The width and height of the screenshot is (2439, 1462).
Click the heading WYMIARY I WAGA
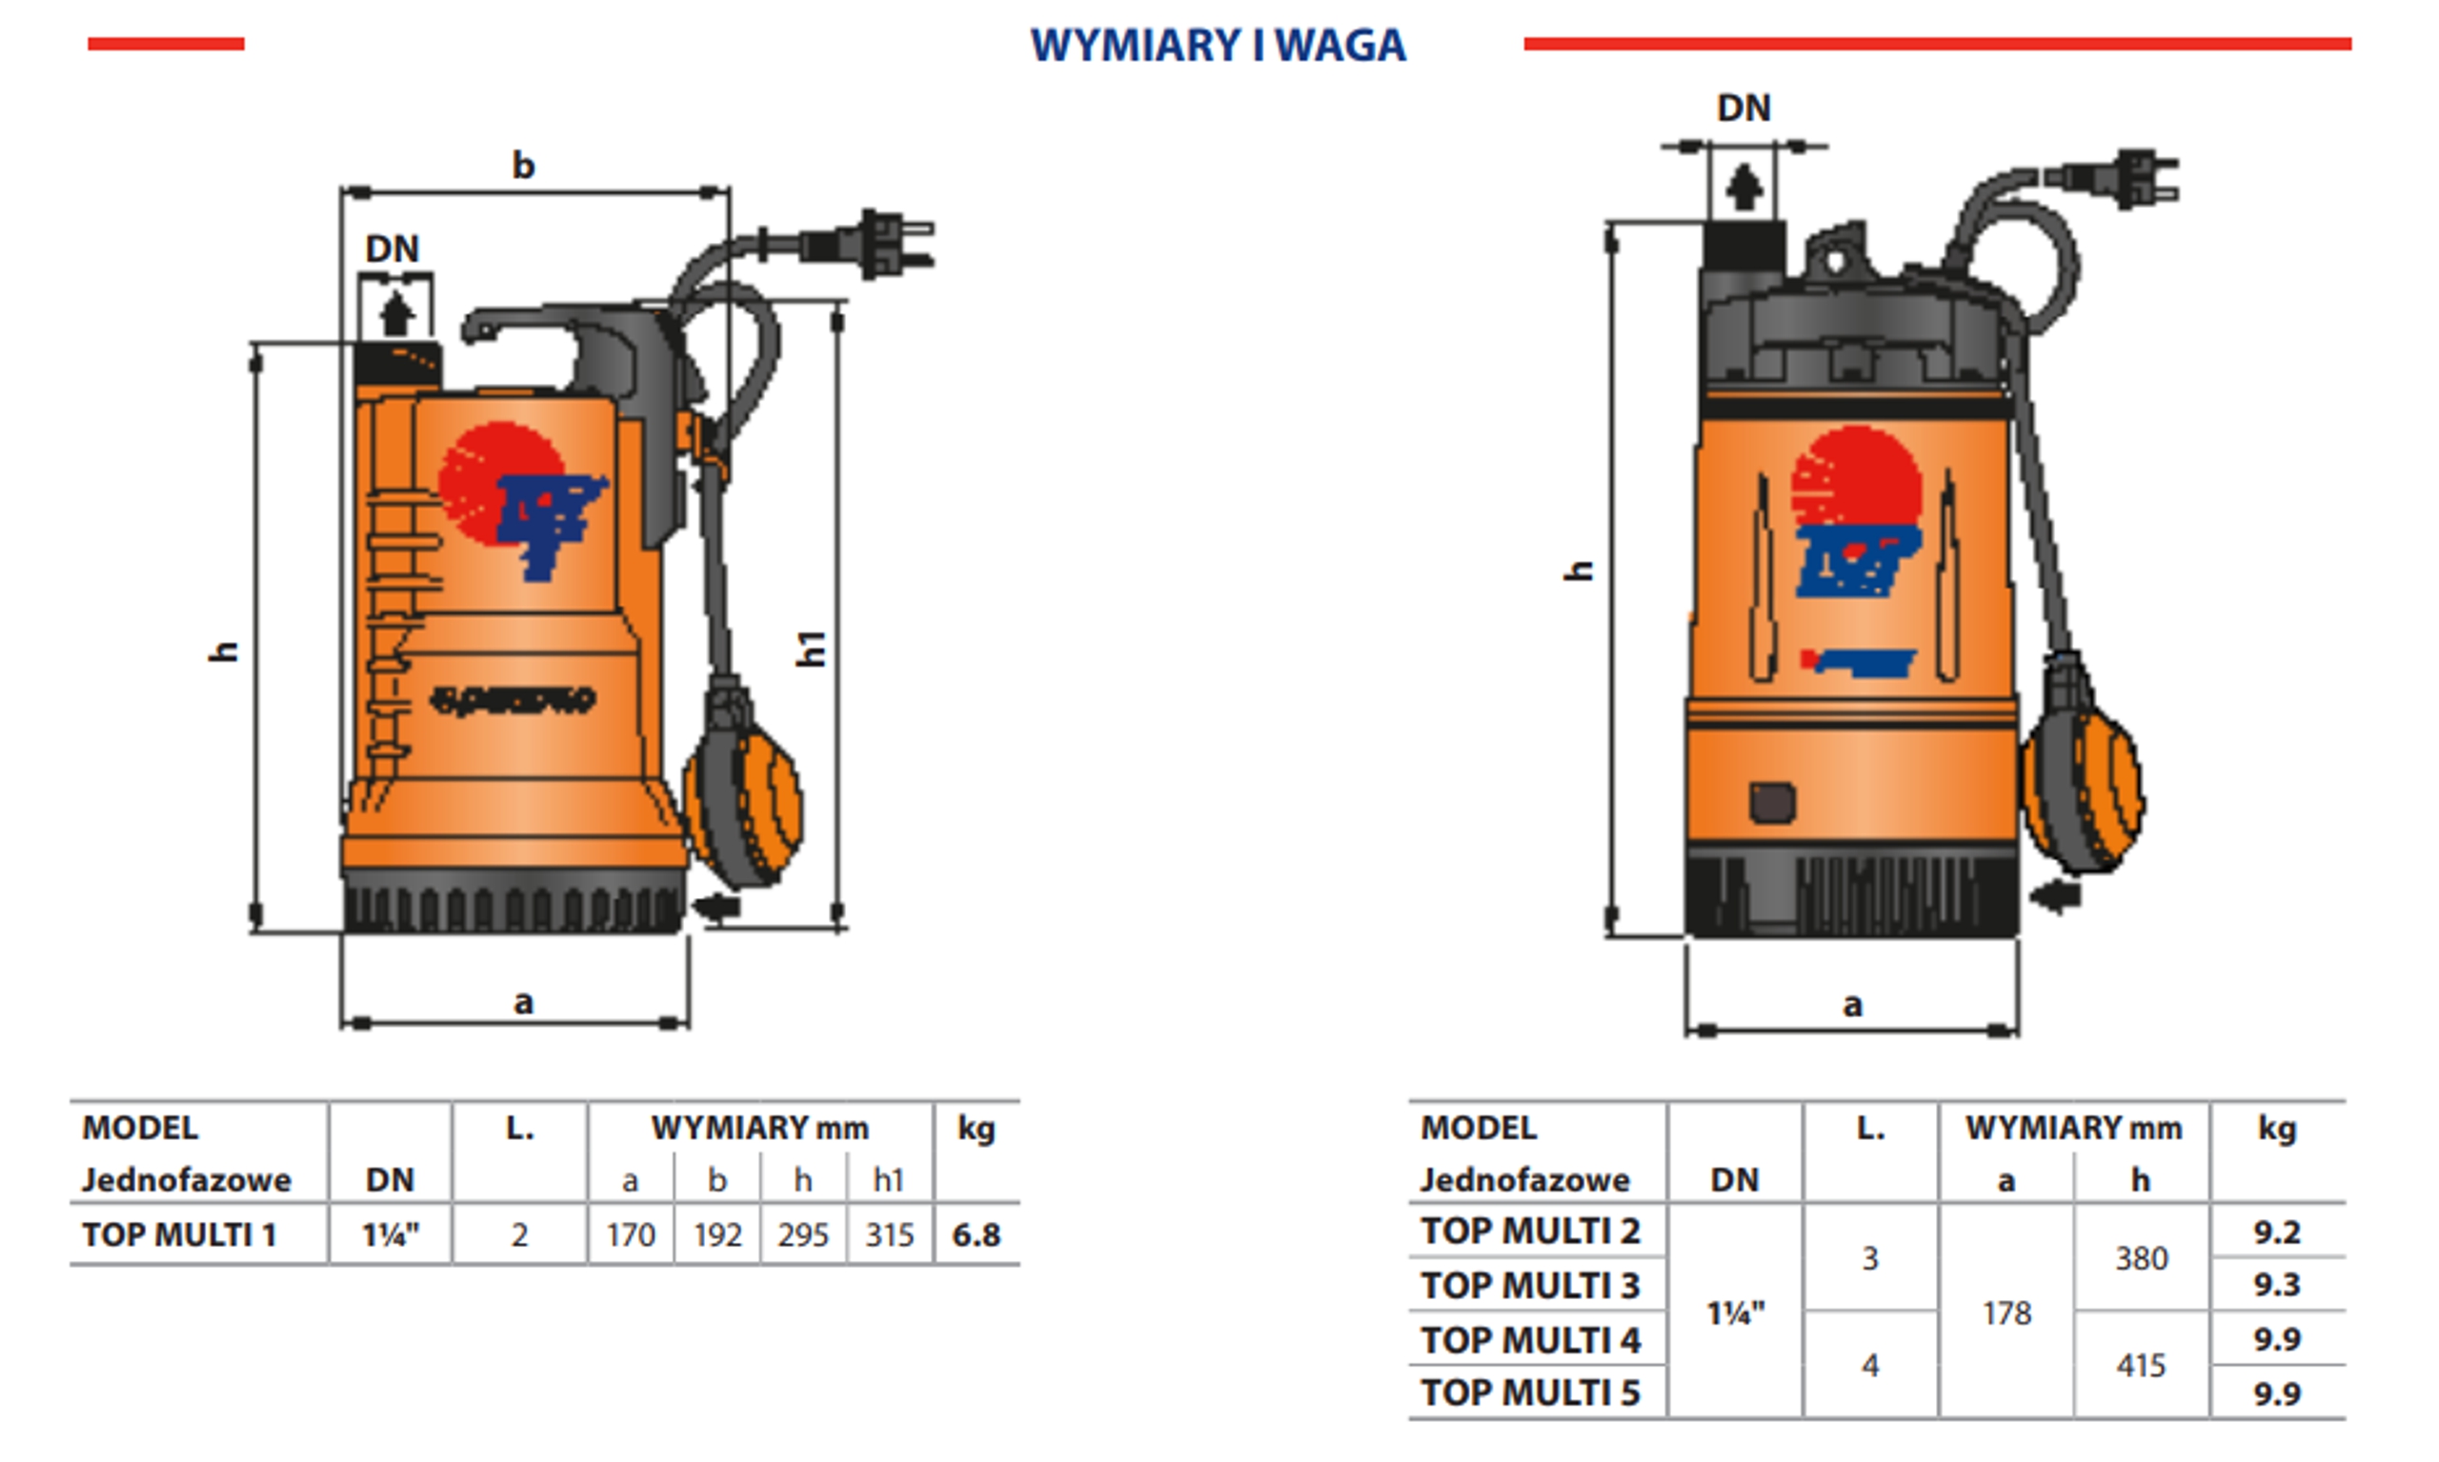point(1218,46)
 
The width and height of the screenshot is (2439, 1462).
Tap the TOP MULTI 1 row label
point(179,1234)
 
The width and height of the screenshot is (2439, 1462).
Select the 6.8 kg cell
point(976,1234)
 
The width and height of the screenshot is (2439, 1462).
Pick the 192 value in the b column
point(716,1234)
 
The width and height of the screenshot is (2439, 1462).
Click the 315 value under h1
point(889,1234)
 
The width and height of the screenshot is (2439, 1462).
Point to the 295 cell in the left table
point(802,1234)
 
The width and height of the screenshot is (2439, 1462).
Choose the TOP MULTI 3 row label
point(1530,1285)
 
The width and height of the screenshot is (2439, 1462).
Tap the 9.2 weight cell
point(2276,1232)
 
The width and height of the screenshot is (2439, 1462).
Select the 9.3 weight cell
point(2276,1285)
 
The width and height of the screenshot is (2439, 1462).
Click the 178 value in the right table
point(2006,1312)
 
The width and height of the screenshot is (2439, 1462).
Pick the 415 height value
point(2141,1366)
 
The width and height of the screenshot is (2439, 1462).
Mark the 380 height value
point(2141,1258)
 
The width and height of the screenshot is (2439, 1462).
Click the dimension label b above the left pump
point(523,166)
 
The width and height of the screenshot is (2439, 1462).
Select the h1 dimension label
point(810,650)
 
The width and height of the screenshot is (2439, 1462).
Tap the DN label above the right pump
point(1744,108)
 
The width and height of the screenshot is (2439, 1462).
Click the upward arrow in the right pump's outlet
point(1744,188)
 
